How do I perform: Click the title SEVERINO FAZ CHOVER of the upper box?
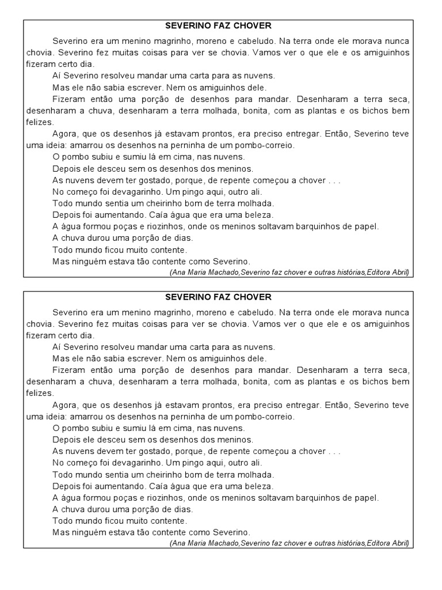(218, 26)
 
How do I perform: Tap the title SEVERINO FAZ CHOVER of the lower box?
(218, 297)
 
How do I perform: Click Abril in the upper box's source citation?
(399, 272)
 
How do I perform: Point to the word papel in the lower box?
(367, 498)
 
